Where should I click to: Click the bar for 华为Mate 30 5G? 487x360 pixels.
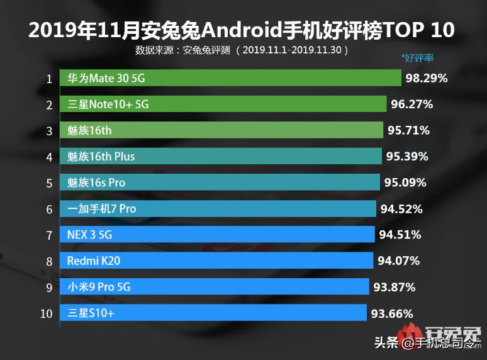(230, 78)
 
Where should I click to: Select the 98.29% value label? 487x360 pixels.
(427, 78)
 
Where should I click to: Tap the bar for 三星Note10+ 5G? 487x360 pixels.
(223, 104)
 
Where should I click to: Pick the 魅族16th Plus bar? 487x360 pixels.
(221, 156)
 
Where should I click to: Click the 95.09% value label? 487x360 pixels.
(405, 183)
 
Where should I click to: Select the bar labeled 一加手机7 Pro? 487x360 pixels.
(218, 208)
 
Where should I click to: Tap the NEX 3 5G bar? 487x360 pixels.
(218, 235)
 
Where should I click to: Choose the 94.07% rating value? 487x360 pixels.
(398, 261)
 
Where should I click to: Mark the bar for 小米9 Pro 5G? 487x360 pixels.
(215, 287)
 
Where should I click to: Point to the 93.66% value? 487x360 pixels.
(392, 313)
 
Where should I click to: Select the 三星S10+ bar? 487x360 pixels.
(213, 313)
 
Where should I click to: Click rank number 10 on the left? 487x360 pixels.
(47, 313)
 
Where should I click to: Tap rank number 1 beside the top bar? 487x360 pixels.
(48, 79)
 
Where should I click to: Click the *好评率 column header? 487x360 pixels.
(418, 59)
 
